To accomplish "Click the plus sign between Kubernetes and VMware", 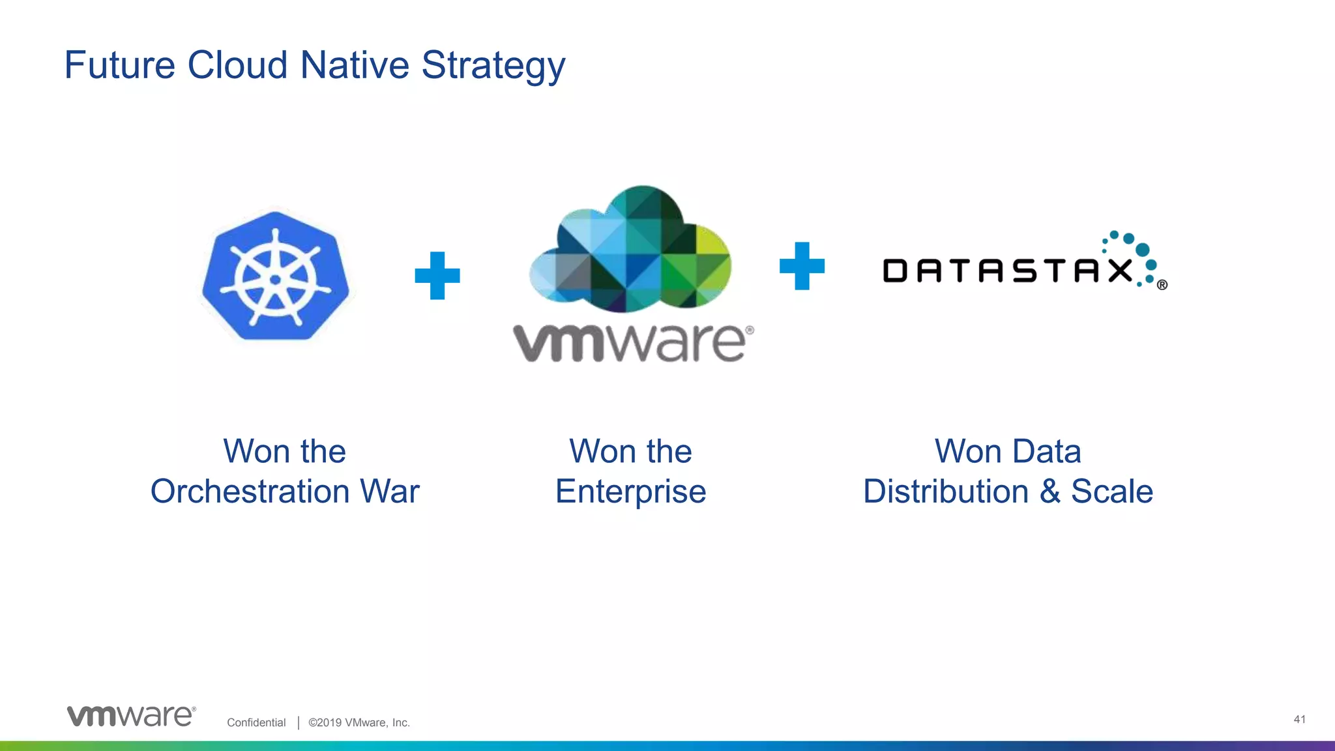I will point(437,276).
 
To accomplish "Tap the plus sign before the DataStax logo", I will point(802,266).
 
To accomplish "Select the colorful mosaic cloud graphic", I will point(631,251).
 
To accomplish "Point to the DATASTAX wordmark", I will point(1007,271).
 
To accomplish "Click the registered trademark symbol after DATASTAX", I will point(1162,285).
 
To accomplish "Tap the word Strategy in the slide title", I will point(493,66).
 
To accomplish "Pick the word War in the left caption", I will point(390,492).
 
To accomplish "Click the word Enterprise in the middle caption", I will point(630,492).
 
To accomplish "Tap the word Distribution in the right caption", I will point(945,492).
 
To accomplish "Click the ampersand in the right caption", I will point(1050,492).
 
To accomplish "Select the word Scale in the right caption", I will point(1112,492).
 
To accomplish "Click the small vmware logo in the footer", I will point(131,716).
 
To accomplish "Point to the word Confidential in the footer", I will point(256,722).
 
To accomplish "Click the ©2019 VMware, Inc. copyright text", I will point(359,722).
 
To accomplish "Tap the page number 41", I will point(1299,719).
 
